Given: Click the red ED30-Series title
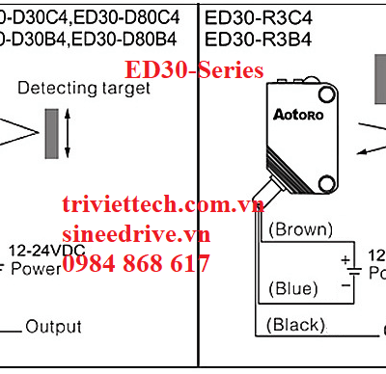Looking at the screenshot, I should (x=193, y=70).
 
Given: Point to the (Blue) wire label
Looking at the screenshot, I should (x=293, y=288).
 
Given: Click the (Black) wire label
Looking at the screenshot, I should (x=296, y=325).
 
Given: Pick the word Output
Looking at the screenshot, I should (x=53, y=327).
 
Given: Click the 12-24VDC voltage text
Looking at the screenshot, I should (x=46, y=248).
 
